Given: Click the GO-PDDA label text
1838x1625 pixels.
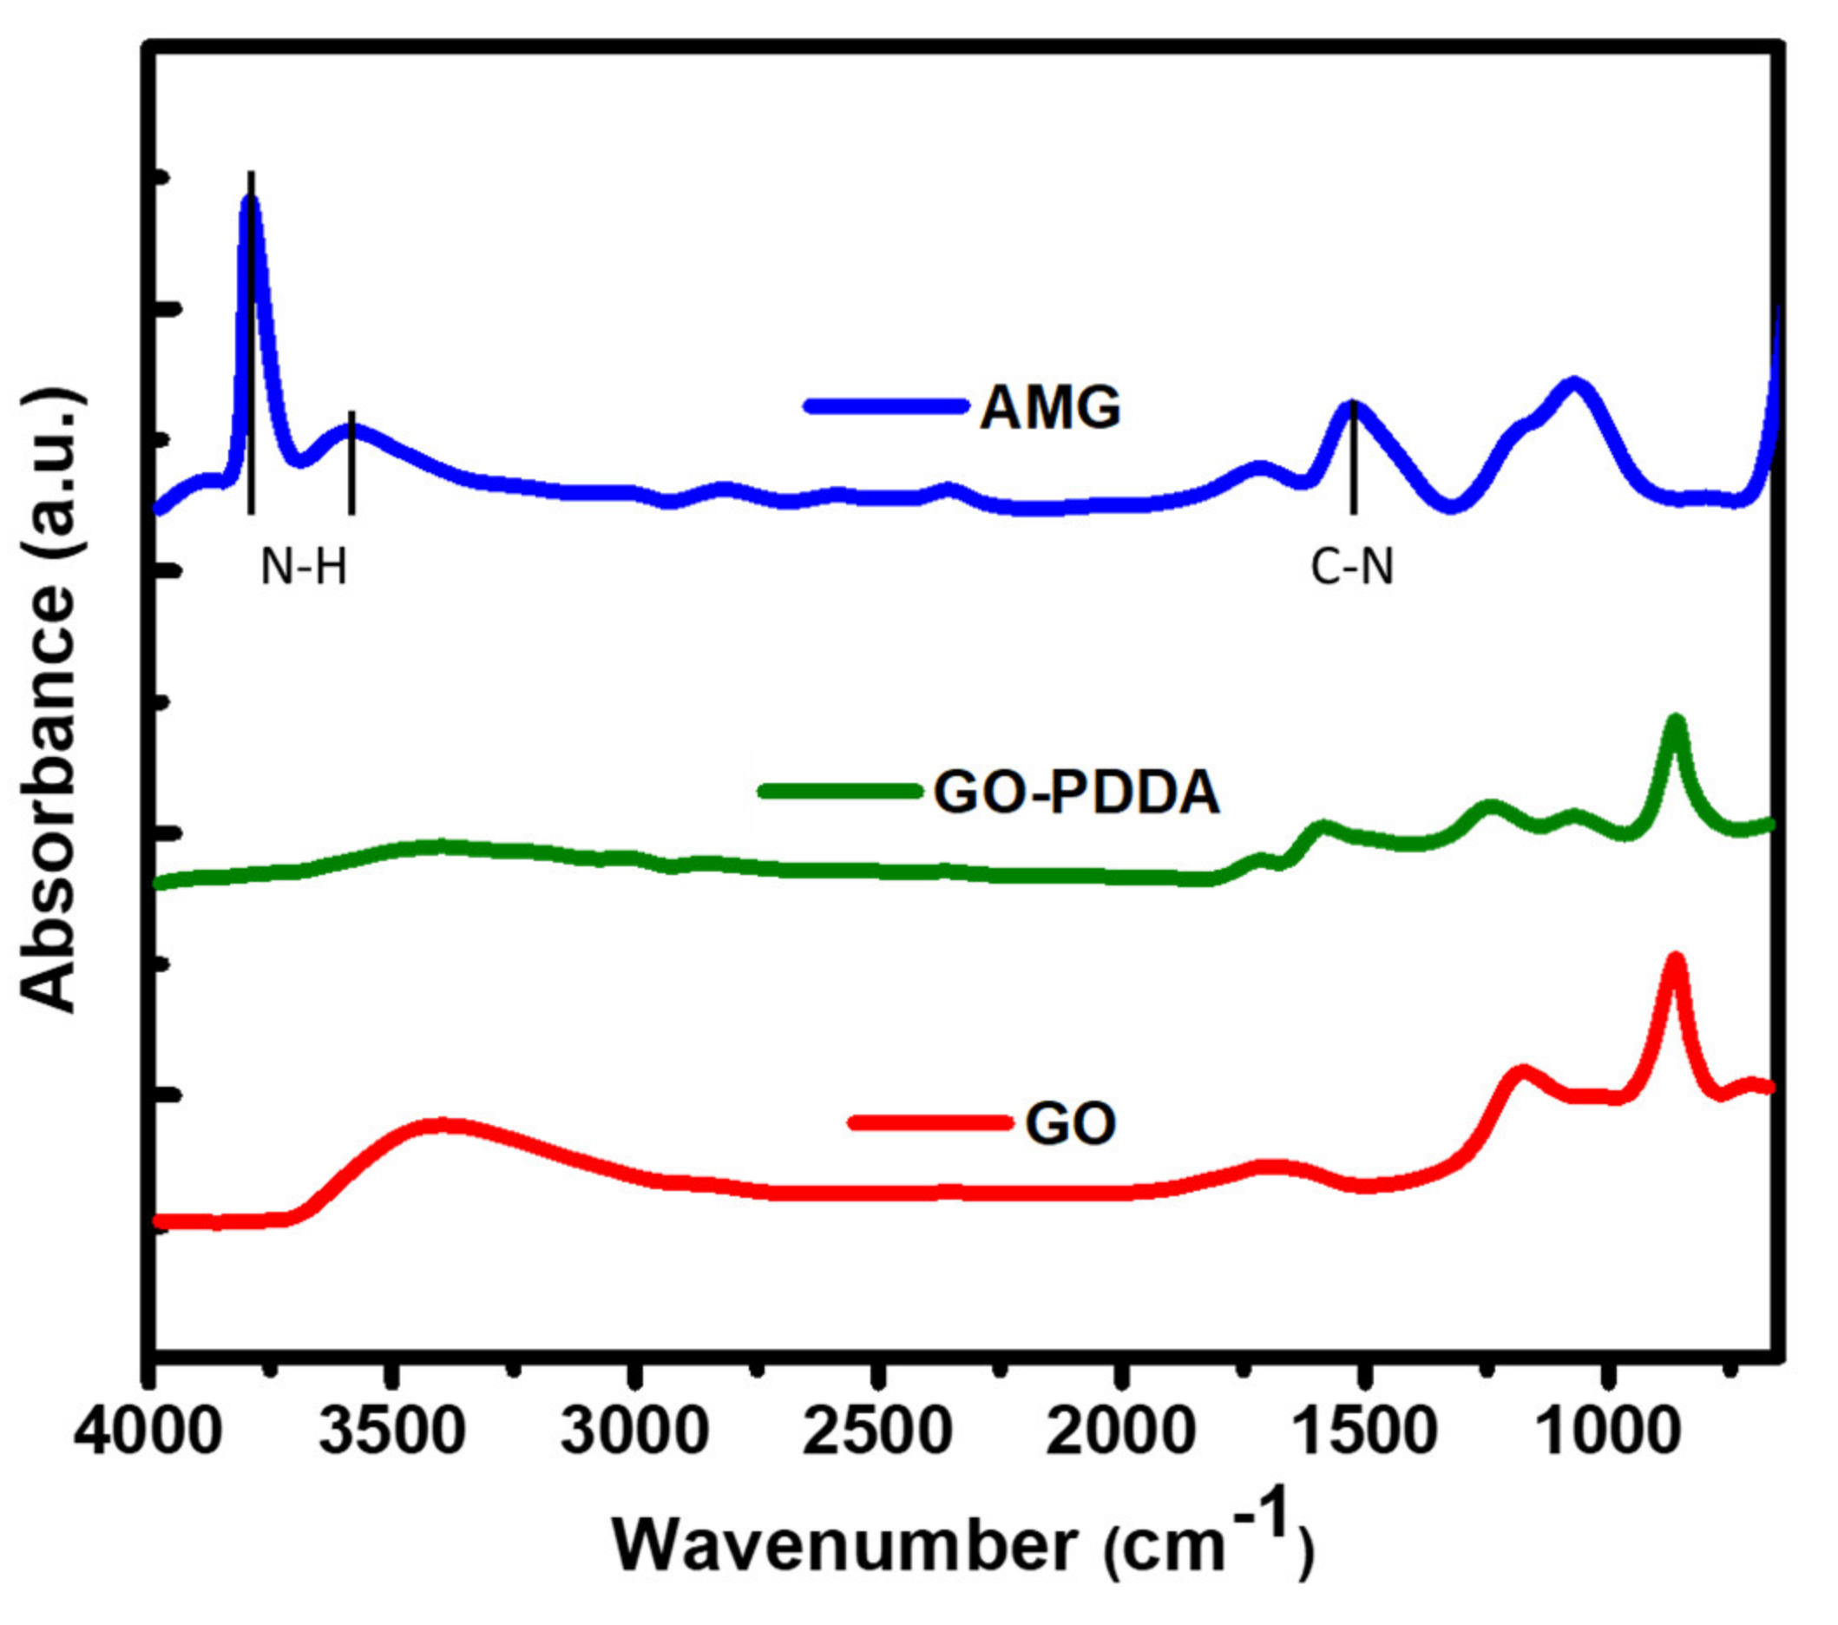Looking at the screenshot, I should click(1076, 793).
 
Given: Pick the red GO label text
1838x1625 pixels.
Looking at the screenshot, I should click(1070, 1123).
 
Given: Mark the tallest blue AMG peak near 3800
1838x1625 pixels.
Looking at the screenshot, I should click(251, 200).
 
